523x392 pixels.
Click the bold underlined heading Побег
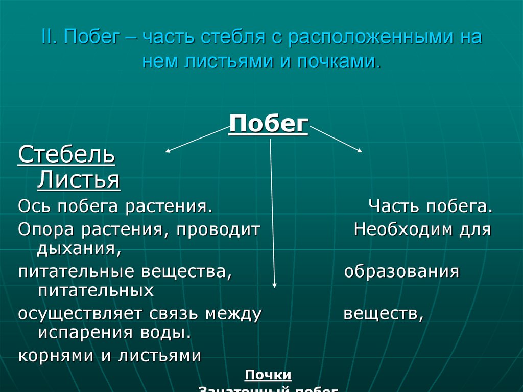(269, 124)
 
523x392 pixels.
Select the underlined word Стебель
(66, 155)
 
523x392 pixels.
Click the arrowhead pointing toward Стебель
(167, 151)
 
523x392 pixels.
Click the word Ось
(34, 206)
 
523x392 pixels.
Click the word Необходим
(399, 229)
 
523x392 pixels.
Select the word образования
(401, 271)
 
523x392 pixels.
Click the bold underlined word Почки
(268, 375)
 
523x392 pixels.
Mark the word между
(233, 313)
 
